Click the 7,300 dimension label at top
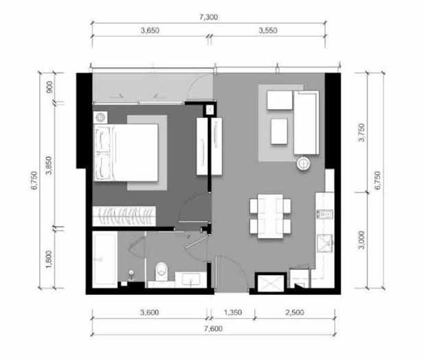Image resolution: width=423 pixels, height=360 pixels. [x=208, y=17]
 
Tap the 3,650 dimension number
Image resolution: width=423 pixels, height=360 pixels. [x=150, y=30]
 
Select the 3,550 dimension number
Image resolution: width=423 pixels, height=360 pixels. [x=268, y=30]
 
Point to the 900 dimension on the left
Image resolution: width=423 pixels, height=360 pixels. [x=49, y=87]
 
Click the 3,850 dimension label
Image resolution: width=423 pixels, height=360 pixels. [x=49, y=165]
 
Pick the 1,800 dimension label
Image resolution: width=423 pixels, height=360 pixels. [x=49, y=259]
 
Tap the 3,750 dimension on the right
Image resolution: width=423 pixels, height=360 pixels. [x=361, y=132]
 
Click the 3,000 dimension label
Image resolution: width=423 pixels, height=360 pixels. [x=361, y=240]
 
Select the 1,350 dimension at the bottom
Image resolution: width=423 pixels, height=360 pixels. [x=233, y=313]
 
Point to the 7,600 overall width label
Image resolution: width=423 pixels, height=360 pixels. [x=213, y=328]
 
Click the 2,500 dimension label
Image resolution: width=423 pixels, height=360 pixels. [x=295, y=313]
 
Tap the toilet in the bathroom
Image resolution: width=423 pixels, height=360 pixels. [x=161, y=272]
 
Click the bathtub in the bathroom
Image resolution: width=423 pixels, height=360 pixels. [x=105, y=259]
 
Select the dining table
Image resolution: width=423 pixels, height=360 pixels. [x=270, y=216]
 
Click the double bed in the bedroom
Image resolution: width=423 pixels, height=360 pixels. [x=125, y=152]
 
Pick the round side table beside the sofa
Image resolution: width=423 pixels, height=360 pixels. [x=304, y=163]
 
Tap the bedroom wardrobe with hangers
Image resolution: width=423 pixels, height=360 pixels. [x=124, y=217]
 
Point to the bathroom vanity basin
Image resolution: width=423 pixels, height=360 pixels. [x=191, y=279]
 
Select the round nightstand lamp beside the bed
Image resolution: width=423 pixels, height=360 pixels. [x=100, y=117]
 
